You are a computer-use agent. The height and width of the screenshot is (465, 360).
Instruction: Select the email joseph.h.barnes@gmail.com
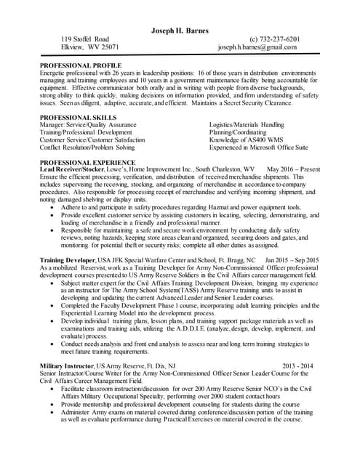pyautogui.click(x=257, y=47)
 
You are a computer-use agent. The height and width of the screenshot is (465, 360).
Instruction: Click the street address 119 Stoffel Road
pyautogui.click(x=85, y=39)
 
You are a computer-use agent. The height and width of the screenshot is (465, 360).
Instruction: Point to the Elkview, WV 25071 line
pyautogui.click(x=89, y=47)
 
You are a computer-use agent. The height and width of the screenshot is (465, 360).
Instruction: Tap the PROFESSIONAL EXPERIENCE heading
pyautogui.click(x=90, y=161)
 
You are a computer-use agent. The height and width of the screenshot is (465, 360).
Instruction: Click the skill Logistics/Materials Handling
pyautogui.click(x=247, y=125)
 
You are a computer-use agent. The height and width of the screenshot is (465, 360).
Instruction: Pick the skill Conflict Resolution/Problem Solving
pyautogui.click(x=97, y=147)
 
